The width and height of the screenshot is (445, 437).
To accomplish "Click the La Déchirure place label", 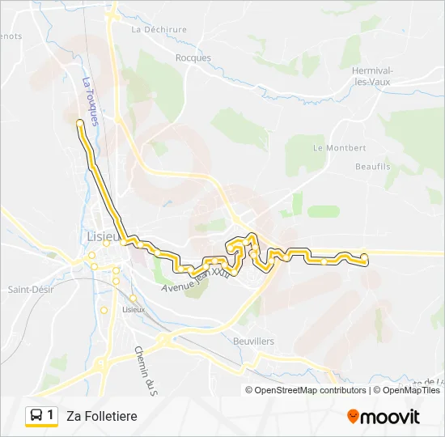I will click(x=159, y=29).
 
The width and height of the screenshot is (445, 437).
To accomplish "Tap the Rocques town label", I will click(x=193, y=57).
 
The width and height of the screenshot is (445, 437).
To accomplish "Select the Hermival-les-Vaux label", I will click(x=373, y=75).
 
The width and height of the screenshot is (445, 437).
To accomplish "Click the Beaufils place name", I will click(x=372, y=166).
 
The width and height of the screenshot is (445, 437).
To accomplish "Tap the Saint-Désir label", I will click(x=29, y=289).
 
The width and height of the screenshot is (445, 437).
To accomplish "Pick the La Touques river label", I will click(x=90, y=101).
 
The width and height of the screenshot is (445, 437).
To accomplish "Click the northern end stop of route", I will click(x=79, y=122).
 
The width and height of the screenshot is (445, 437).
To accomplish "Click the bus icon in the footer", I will click(x=36, y=416).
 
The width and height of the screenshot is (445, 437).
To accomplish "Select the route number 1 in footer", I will click(x=50, y=415).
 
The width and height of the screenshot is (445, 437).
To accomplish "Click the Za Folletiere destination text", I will click(x=102, y=416).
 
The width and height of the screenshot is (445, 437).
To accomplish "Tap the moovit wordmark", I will click(x=391, y=417).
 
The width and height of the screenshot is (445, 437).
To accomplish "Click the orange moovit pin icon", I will click(x=353, y=417).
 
